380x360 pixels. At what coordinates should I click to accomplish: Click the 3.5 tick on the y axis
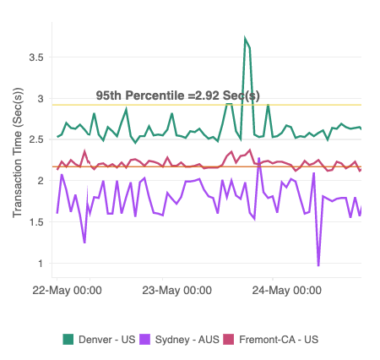[x=35, y=57]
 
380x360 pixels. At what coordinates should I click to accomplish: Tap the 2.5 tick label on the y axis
[x=35, y=139]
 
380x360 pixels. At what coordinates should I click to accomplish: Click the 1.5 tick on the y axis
[x=35, y=222]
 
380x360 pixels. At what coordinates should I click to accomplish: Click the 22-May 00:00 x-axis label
[x=67, y=290]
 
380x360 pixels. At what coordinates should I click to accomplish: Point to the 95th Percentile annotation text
[x=176, y=95]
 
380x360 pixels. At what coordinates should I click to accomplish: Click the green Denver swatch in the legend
[x=68, y=339]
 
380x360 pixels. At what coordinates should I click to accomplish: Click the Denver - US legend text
[x=106, y=339]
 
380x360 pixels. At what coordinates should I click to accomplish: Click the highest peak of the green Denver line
[x=245, y=39]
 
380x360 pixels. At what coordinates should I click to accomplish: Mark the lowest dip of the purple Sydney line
[x=318, y=265]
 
